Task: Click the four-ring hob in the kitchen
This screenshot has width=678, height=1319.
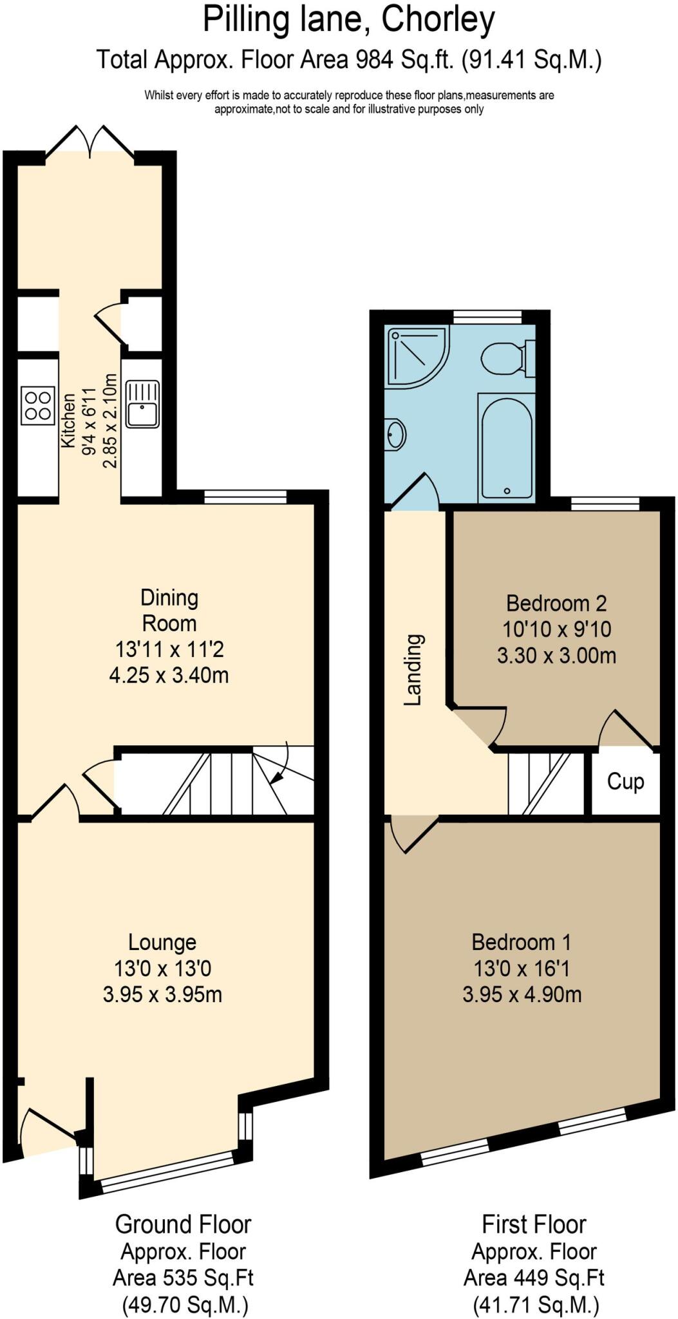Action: (x=37, y=405)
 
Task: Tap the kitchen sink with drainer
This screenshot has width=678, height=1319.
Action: (x=142, y=404)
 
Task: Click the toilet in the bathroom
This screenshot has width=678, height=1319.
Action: (x=507, y=358)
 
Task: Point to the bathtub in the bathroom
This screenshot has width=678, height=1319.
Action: (x=507, y=448)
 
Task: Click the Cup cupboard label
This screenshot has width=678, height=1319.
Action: (x=625, y=781)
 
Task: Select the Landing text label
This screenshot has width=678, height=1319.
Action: (x=413, y=670)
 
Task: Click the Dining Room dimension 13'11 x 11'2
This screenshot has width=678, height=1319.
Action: (x=169, y=649)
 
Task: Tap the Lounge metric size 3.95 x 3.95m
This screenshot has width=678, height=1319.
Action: (x=162, y=994)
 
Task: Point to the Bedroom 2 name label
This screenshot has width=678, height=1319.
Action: (x=556, y=603)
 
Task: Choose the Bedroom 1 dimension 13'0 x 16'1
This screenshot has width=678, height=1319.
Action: (x=522, y=969)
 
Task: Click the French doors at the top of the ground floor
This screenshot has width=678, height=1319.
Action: (x=90, y=140)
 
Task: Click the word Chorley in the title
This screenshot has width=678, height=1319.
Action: (x=438, y=21)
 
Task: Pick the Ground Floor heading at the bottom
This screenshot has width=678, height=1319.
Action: (x=183, y=1224)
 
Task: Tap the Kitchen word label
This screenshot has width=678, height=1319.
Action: (x=68, y=420)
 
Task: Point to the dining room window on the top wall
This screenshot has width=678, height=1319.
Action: (x=245, y=497)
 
